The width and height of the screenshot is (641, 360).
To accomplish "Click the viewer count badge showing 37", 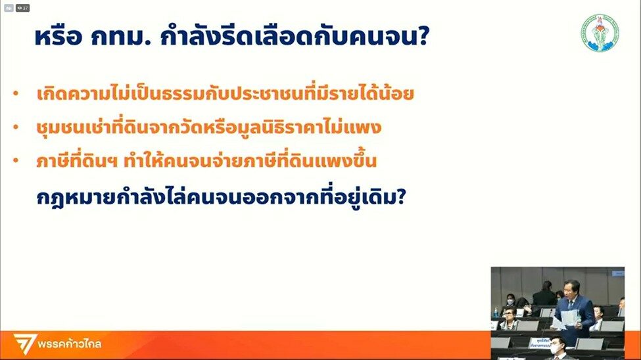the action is point(22,8).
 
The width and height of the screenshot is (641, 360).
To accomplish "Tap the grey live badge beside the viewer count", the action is point(9,8).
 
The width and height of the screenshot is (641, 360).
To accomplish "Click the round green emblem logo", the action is point(600,33).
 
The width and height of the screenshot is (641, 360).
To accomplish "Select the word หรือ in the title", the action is point(59,37).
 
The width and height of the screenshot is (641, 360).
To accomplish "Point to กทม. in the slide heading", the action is point(121,37).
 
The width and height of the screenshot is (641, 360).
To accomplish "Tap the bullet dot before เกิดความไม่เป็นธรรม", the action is point(16,93).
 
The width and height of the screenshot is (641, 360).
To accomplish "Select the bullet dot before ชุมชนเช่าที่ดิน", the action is point(16,127).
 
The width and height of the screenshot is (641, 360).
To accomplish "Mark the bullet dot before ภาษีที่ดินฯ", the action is point(16,160).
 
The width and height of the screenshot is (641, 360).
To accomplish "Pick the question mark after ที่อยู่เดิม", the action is point(401,196).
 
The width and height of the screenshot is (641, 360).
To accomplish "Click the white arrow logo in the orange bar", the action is point(24,344).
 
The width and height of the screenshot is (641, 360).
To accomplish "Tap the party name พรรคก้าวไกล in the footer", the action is point(70,344).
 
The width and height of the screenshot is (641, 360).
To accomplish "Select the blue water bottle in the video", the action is point(496,313).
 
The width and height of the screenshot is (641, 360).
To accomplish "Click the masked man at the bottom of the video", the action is point(556,348).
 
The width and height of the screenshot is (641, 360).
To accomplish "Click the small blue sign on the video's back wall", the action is point(617,273).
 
